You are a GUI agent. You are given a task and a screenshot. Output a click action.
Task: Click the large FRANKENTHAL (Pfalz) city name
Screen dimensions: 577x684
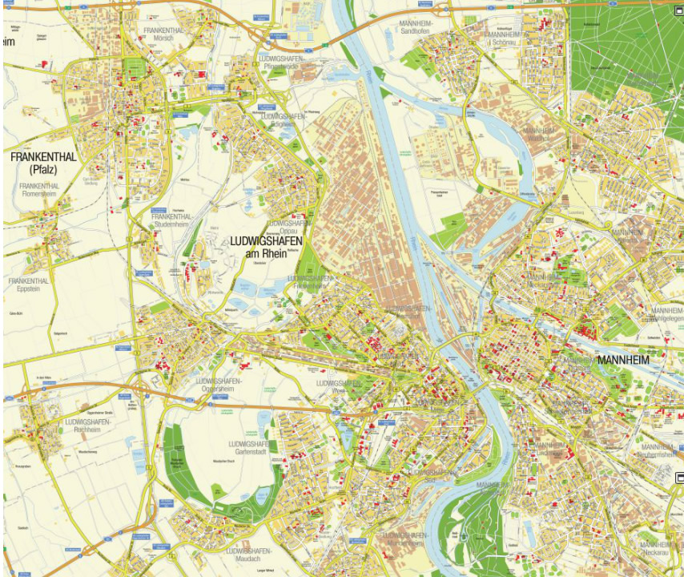point(43,163)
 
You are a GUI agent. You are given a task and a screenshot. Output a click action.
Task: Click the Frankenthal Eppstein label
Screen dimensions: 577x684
point(29,286)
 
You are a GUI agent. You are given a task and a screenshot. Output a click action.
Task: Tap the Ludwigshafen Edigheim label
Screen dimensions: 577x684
point(284,120)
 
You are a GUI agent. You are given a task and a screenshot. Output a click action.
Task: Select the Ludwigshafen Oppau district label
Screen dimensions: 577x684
point(288,228)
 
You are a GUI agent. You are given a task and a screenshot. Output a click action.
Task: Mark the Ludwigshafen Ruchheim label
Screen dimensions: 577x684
point(88,425)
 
